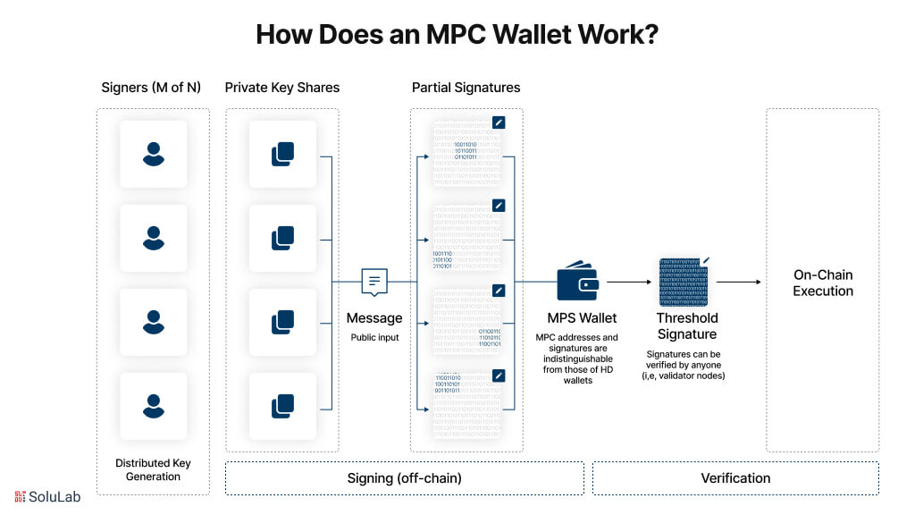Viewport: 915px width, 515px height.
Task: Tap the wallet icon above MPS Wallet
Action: [577, 282]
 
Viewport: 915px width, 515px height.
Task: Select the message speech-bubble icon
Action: [374, 282]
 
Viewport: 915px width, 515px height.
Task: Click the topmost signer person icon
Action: [154, 154]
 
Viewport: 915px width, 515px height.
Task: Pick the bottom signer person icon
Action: [154, 406]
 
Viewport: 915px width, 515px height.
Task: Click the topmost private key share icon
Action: [282, 154]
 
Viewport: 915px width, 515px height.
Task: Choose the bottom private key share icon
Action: [282, 406]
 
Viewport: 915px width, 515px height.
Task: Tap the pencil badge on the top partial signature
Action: [499, 122]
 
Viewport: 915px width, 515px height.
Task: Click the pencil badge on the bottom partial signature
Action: [499, 375]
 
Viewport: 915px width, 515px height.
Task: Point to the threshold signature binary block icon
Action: [684, 283]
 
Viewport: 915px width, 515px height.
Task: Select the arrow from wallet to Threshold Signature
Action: [629, 282]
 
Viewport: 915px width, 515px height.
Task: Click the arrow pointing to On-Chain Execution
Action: [738, 282]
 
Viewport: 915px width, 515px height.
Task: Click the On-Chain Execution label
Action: [823, 283]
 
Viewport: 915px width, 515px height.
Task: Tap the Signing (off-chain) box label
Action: [404, 478]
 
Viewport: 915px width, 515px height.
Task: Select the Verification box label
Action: [735, 478]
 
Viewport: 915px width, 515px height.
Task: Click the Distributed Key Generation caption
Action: [154, 469]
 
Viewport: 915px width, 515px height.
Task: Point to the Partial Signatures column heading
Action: [466, 88]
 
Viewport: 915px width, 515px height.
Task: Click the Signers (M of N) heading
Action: [151, 88]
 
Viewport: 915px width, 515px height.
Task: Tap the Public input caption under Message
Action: [374, 338]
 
